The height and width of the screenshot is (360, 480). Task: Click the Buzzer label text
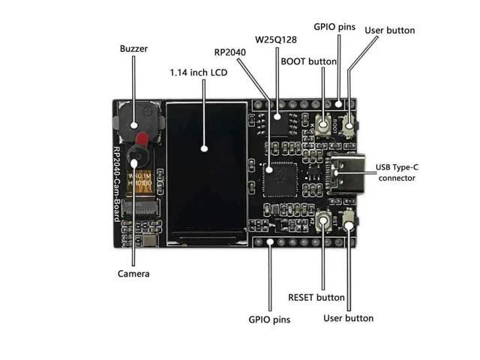pyautogui.click(x=133, y=49)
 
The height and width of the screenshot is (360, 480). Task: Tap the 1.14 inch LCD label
pyautogui.click(x=198, y=73)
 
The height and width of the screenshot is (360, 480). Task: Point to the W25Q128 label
pyautogui.click(x=275, y=39)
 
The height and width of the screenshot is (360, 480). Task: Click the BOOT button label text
pyautogui.click(x=308, y=61)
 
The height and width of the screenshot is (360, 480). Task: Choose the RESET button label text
pyautogui.click(x=316, y=297)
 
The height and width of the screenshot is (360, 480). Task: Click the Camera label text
pyautogui.click(x=133, y=274)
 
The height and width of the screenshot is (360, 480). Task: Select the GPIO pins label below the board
pyautogui.click(x=269, y=319)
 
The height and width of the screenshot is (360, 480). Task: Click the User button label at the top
pyautogui.click(x=389, y=31)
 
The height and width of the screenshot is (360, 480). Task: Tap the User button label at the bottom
pyautogui.click(x=348, y=318)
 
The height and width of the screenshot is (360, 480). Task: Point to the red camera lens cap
pyautogui.click(x=141, y=139)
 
